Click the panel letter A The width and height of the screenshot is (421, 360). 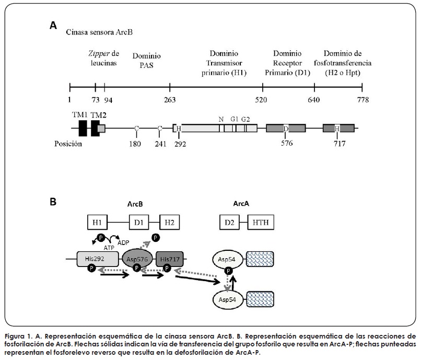(53, 25)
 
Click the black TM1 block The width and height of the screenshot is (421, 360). (83, 128)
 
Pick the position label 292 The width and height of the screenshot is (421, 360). (179, 143)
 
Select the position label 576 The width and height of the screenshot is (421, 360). (286, 143)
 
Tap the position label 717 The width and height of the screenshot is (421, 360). (337, 143)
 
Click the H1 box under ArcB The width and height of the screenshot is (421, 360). (98, 223)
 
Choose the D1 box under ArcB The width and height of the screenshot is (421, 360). (138, 223)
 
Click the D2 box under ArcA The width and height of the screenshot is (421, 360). (228, 223)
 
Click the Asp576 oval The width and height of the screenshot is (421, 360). (137, 258)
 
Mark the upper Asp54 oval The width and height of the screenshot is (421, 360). (227, 259)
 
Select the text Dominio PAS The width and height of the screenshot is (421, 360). (147, 61)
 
